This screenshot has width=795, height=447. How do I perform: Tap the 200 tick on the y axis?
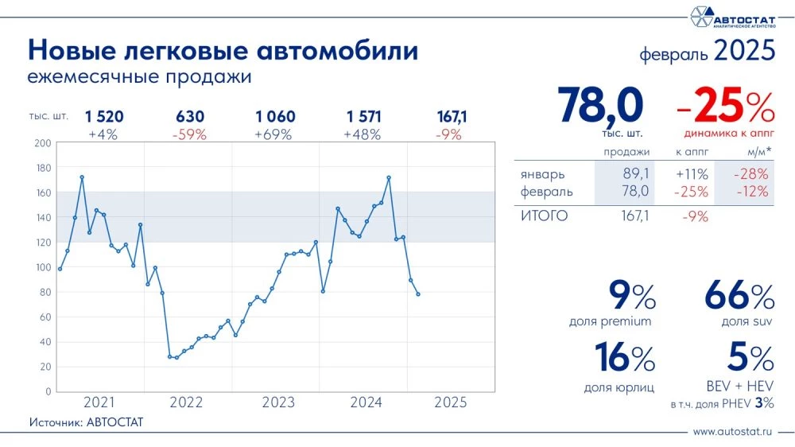[x=43, y=143]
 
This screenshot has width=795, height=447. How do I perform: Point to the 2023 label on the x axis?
[x=276, y=402]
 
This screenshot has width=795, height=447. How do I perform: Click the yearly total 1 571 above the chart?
[x=363, y=117]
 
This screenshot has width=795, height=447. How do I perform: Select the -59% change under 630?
[x=189, y=134]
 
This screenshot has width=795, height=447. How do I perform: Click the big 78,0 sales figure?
[x=600, y=104]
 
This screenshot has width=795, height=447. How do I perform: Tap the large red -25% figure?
[x=725, y=104]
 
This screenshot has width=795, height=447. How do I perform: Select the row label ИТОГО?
[x=545, y=215]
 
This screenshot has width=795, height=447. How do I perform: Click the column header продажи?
[x=626, y=151]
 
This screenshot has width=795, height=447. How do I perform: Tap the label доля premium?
[x=611, y=321]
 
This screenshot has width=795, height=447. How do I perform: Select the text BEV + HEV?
[x=739, y=387]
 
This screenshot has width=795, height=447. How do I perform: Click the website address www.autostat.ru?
[x=732, y=432]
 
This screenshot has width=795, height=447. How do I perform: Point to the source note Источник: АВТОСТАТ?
[x=86, y=422]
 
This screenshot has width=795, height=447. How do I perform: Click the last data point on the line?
[x=418, y=294]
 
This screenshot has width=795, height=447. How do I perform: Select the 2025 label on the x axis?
[x=451, y=402]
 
